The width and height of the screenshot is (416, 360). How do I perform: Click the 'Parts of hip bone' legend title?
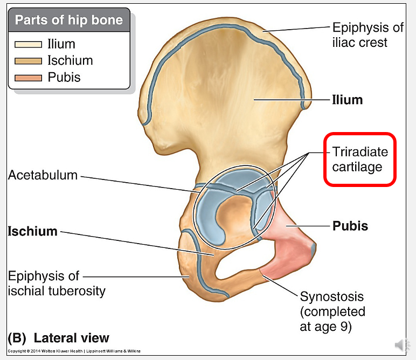[68, 21]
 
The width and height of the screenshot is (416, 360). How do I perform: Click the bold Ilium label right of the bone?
[347, 100]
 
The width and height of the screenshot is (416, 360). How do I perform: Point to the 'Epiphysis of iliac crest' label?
[359, 34]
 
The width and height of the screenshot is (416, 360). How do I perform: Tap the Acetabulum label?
[43, 176]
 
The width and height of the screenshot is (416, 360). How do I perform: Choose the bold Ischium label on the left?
[32, 231]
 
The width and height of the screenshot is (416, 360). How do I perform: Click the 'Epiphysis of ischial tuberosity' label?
[56, 283]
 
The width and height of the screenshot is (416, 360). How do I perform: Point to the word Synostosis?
[332, 296]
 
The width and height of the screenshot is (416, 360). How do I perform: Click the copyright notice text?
[74, 351]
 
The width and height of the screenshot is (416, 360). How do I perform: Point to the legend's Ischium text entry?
[70, 61]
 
